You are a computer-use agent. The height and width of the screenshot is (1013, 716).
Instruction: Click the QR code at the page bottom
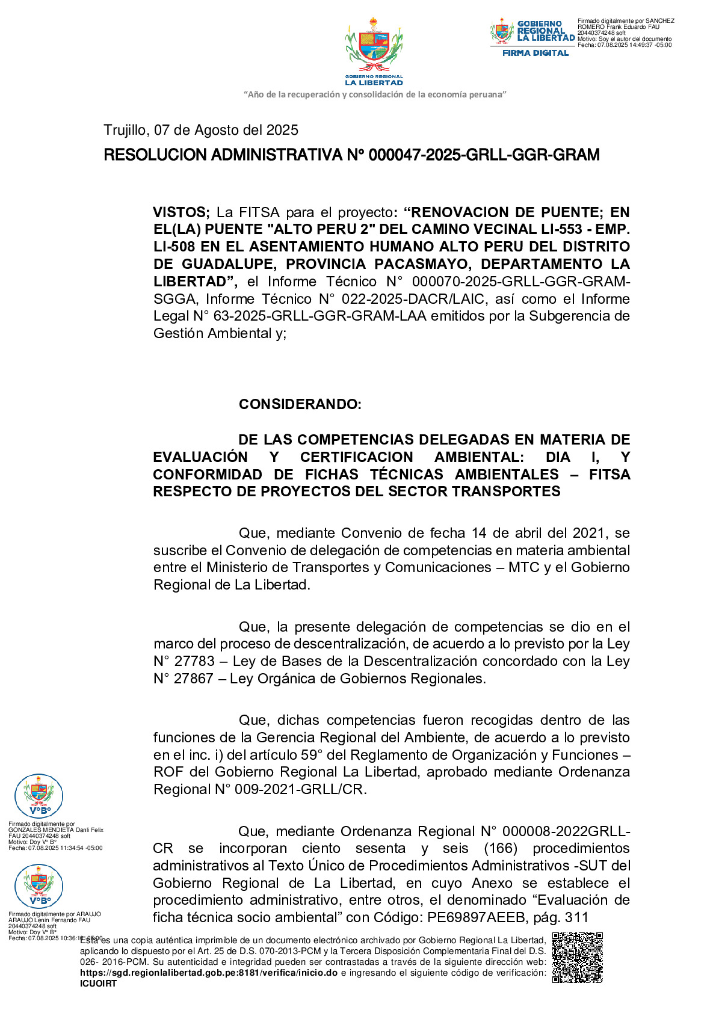click(577, 957)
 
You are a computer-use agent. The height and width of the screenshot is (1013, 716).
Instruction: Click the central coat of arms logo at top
click(374, 51)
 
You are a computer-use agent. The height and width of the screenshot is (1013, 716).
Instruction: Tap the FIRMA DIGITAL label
click(535, 53)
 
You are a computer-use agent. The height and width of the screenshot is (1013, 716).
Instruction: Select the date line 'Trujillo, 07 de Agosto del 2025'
click(201, 130)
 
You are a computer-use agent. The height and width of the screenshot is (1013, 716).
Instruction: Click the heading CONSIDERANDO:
click(300, 404)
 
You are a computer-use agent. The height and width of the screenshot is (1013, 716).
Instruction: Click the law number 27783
click(194, 661)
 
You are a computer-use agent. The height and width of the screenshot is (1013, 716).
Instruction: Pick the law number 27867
click(194, 679)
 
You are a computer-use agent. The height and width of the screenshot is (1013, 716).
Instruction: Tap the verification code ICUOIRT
click(98, 984)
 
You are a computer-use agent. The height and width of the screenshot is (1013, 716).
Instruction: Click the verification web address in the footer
click(208, 973)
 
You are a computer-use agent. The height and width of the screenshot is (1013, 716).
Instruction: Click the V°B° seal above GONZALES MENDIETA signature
click(39, 796)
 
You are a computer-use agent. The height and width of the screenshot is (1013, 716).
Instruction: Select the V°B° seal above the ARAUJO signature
click(39, 886)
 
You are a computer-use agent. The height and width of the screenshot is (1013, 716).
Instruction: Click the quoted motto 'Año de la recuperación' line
click(375, 94)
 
